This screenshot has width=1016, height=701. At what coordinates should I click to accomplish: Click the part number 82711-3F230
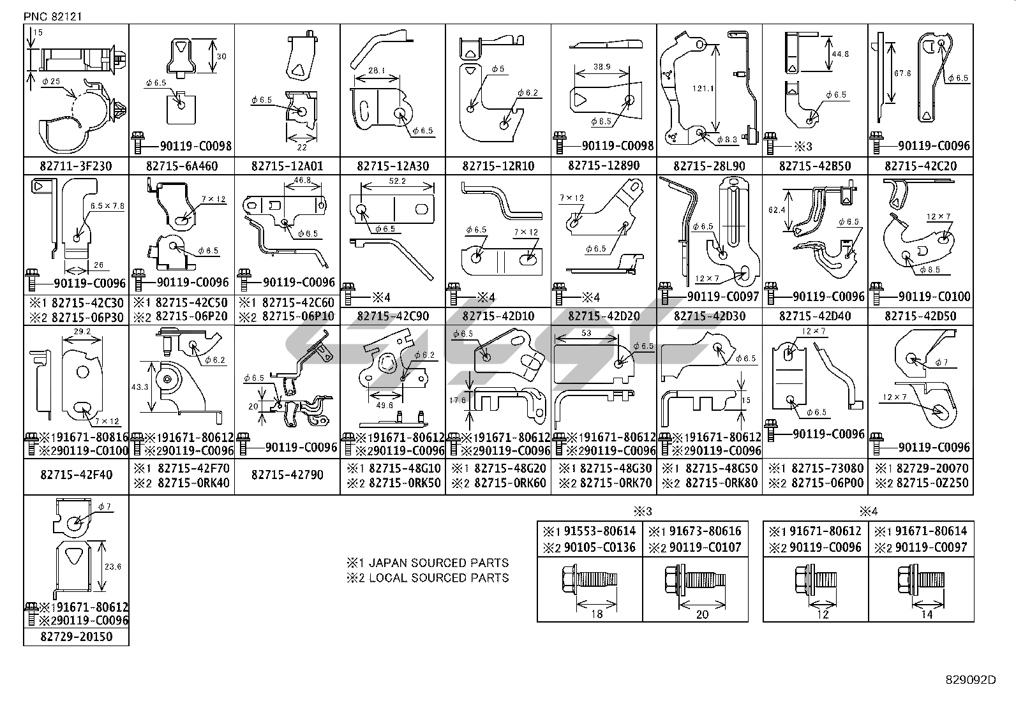pos(76,166)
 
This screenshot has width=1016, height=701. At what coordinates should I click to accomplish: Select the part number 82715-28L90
pos(709,166)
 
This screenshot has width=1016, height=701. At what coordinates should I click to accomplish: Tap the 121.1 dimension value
pos(703,89)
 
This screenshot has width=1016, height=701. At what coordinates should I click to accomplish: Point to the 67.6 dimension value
pos(902,73)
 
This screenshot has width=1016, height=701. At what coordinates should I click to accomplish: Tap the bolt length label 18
pos(597,614)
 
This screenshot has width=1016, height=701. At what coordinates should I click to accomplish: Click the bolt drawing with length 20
pos(692,580)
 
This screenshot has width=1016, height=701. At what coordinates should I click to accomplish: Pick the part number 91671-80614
pos(930,531)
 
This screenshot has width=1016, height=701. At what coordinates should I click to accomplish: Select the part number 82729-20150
pos(76,637)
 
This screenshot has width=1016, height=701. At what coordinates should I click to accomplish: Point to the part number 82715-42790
pos(287,475)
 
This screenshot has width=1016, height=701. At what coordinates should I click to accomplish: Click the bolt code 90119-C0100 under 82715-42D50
pos(934,297)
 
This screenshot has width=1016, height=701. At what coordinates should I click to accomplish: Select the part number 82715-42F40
pos(76,475)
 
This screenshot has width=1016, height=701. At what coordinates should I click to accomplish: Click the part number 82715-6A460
pos(181,166)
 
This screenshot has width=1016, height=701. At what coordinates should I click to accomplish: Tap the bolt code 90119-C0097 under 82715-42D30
pos(722,297)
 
